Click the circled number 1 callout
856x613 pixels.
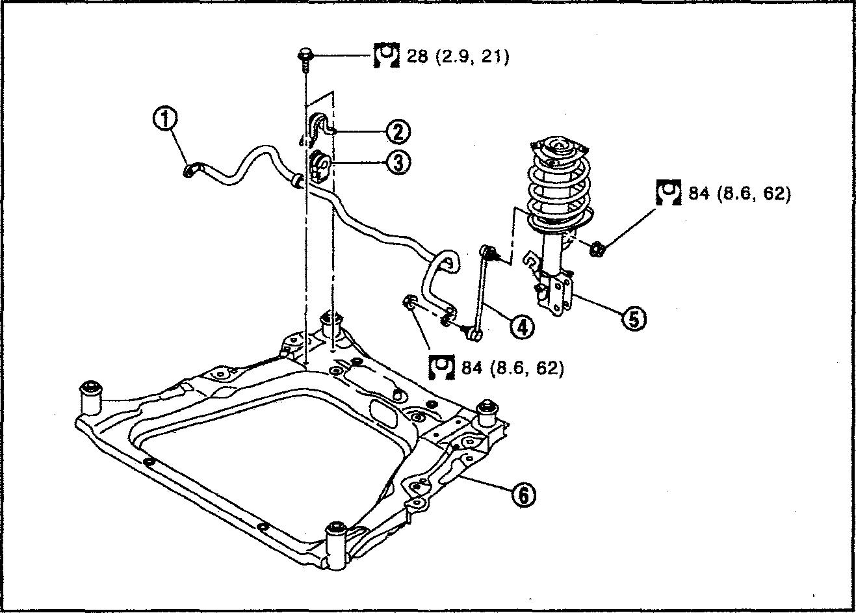click(166, 120)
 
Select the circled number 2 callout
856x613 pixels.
click(398, 132)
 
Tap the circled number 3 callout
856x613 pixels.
click(398, 163)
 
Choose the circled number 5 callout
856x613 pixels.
click(634, 318)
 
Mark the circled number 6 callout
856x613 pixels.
click(523, 496)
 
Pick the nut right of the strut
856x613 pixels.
click(597, 249)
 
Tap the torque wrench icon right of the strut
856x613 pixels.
click(668, 192)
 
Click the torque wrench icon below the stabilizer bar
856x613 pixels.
click(441, 367)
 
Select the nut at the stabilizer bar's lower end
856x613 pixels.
click(409, 302)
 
